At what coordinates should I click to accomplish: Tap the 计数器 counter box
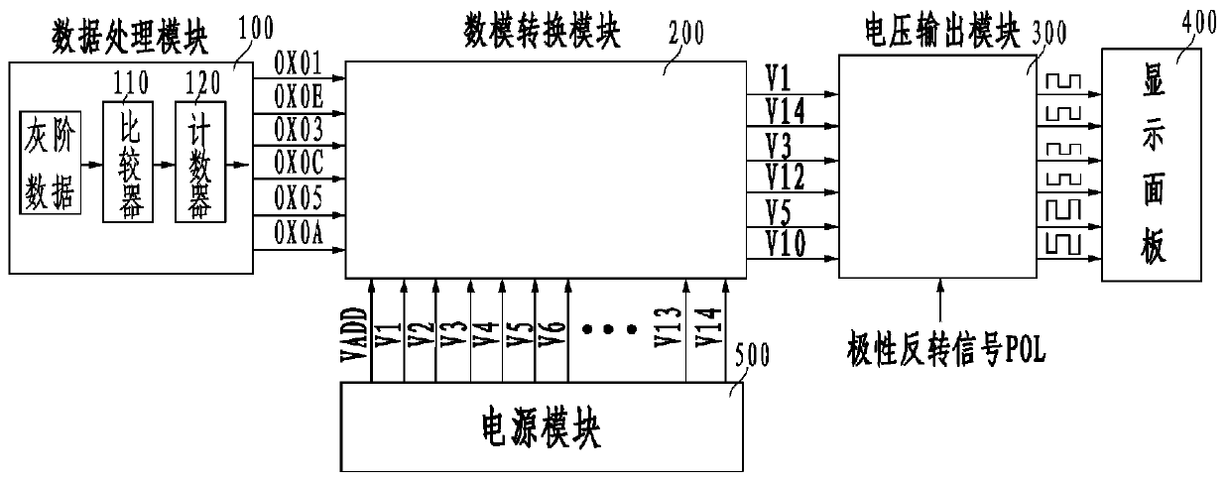pos(194,165)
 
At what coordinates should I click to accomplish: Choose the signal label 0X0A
pos(298,230)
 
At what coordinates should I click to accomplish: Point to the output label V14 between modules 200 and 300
pos(786,112)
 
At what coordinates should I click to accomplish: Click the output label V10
pos(786,243)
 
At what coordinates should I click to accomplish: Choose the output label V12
pos(786,178)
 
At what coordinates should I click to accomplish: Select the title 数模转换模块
pos(542,30)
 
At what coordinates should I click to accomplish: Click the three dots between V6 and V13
pos(609,329)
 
